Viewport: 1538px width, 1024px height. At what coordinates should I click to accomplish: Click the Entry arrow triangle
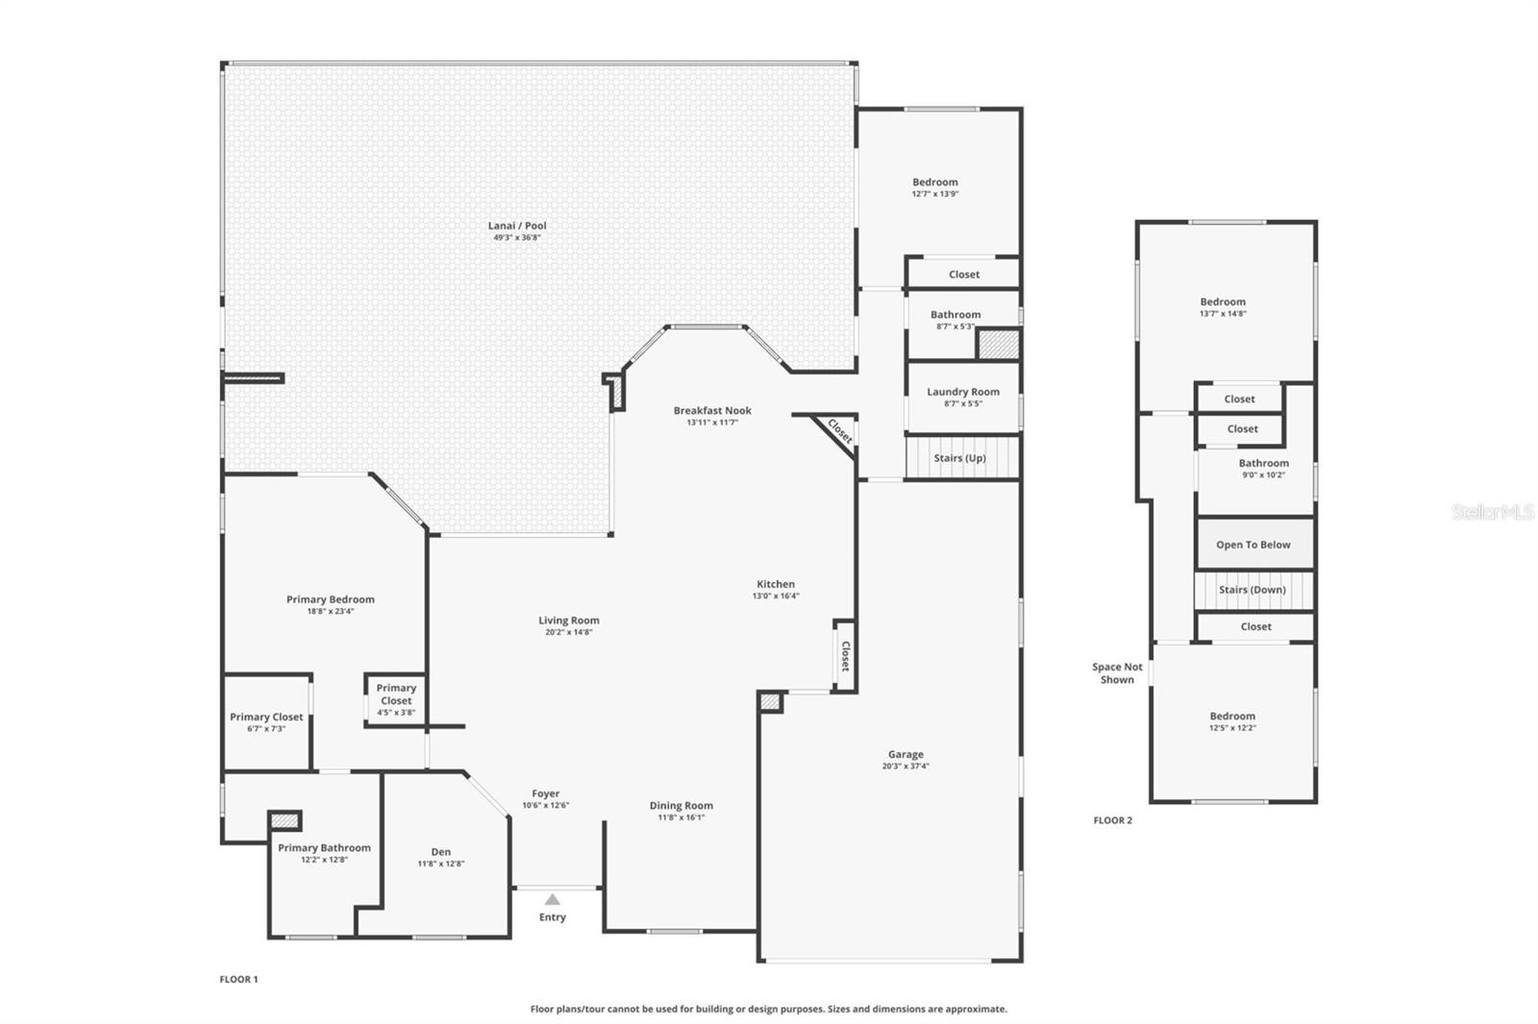coord(552,899)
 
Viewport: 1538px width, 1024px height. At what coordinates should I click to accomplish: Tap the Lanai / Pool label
coord(517,227)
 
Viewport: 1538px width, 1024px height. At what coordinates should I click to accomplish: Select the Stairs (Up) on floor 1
coord(960,458)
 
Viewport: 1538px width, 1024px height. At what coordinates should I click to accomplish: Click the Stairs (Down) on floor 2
coord(1253,590)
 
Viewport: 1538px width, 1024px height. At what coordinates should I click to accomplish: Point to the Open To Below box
coord(1253,545)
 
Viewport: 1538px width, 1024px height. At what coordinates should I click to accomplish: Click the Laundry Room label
coord(963,392)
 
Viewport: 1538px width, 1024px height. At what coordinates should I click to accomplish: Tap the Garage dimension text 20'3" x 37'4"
coord(905,767)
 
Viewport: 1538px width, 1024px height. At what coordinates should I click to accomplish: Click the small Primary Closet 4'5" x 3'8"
coord(396,699)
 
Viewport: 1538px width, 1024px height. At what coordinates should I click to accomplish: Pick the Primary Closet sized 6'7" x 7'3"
coord(266,721)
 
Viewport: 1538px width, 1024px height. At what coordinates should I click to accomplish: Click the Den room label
coord(440,852)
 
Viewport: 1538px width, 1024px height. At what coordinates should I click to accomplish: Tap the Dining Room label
coord(681,806)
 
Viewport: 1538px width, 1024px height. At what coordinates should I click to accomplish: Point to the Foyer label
coord(546,794)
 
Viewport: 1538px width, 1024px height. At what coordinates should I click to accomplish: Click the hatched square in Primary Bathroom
coord(285,821)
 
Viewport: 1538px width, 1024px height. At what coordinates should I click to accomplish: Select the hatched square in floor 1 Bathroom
coord(999,344)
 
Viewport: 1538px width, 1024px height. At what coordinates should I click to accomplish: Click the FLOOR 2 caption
coord(1113,820)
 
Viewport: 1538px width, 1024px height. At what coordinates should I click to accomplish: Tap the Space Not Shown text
coord(1117,672)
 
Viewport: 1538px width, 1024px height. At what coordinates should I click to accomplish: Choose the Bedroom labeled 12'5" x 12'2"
coord(1232,720)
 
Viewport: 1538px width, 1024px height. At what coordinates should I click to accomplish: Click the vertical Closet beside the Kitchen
coord(845,656)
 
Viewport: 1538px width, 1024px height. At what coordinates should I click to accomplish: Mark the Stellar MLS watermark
coord(1492,512)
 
